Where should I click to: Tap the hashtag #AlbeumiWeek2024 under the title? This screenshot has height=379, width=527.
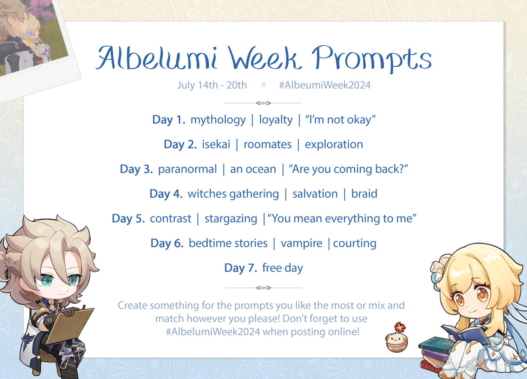click(x=325, y=85)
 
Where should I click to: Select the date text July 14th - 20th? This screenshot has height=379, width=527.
click(x=212, y=85)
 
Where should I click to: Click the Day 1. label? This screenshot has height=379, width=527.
click(x=169, y=120)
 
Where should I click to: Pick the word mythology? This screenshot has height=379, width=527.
click(x=218, y=120)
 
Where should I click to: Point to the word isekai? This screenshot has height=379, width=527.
click(x=216, y=144)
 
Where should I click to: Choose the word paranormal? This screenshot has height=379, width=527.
click(x=187, y=170)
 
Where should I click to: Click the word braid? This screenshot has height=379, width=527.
click(x=364, y=194)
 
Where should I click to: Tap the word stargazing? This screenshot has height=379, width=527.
click(x=231, y=219)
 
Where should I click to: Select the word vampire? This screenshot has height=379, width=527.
click(x=302, y=244)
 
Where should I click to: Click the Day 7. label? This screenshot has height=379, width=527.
click(x=241, y=268)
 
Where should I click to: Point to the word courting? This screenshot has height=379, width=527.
click(x=355, y=244)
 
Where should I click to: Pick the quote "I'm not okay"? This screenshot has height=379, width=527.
click(x=340, y=120)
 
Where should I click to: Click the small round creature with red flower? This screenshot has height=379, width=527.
click(x=397, y=338)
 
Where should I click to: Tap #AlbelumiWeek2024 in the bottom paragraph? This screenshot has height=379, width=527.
click(x=213, y=332)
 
